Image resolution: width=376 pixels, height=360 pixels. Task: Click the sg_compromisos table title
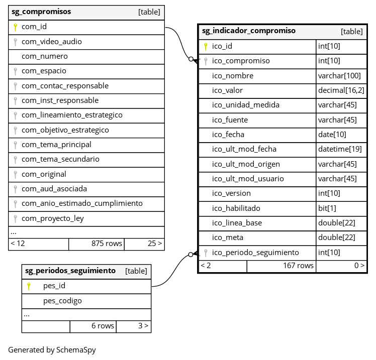[x=41, y=12]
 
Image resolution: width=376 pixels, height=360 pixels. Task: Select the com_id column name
[x=34, y=27]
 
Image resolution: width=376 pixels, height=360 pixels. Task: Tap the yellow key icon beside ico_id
[x=205, y=46]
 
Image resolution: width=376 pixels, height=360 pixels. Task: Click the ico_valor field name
[x=227, y=90]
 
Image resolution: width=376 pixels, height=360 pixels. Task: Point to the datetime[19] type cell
[x=340, y=149]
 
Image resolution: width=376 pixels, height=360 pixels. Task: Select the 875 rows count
[x=107, y=244]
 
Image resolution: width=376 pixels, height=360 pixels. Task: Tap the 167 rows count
[x=298, y=266]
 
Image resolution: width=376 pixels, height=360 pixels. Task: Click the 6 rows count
[x=103, y=326]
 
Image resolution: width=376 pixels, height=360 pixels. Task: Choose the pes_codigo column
[x=62, y=301]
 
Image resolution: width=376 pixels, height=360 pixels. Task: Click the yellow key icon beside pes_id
[x=29, y=286]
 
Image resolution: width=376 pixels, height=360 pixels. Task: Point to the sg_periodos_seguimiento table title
[x=70, y=271]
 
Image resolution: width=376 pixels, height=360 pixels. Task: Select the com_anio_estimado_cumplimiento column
[x=82, y=203]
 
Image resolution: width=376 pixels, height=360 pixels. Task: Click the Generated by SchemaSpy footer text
[x=52, y=350]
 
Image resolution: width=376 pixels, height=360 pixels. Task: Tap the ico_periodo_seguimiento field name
[x=255, y=253]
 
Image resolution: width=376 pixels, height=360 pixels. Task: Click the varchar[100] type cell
[x=339, y=76]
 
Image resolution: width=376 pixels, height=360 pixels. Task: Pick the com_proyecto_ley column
[x=53, y=218]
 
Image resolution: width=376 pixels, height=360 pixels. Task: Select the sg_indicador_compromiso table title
[x=249, y=31]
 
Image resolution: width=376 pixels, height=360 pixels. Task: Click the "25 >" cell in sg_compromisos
[x=155, y=244]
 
